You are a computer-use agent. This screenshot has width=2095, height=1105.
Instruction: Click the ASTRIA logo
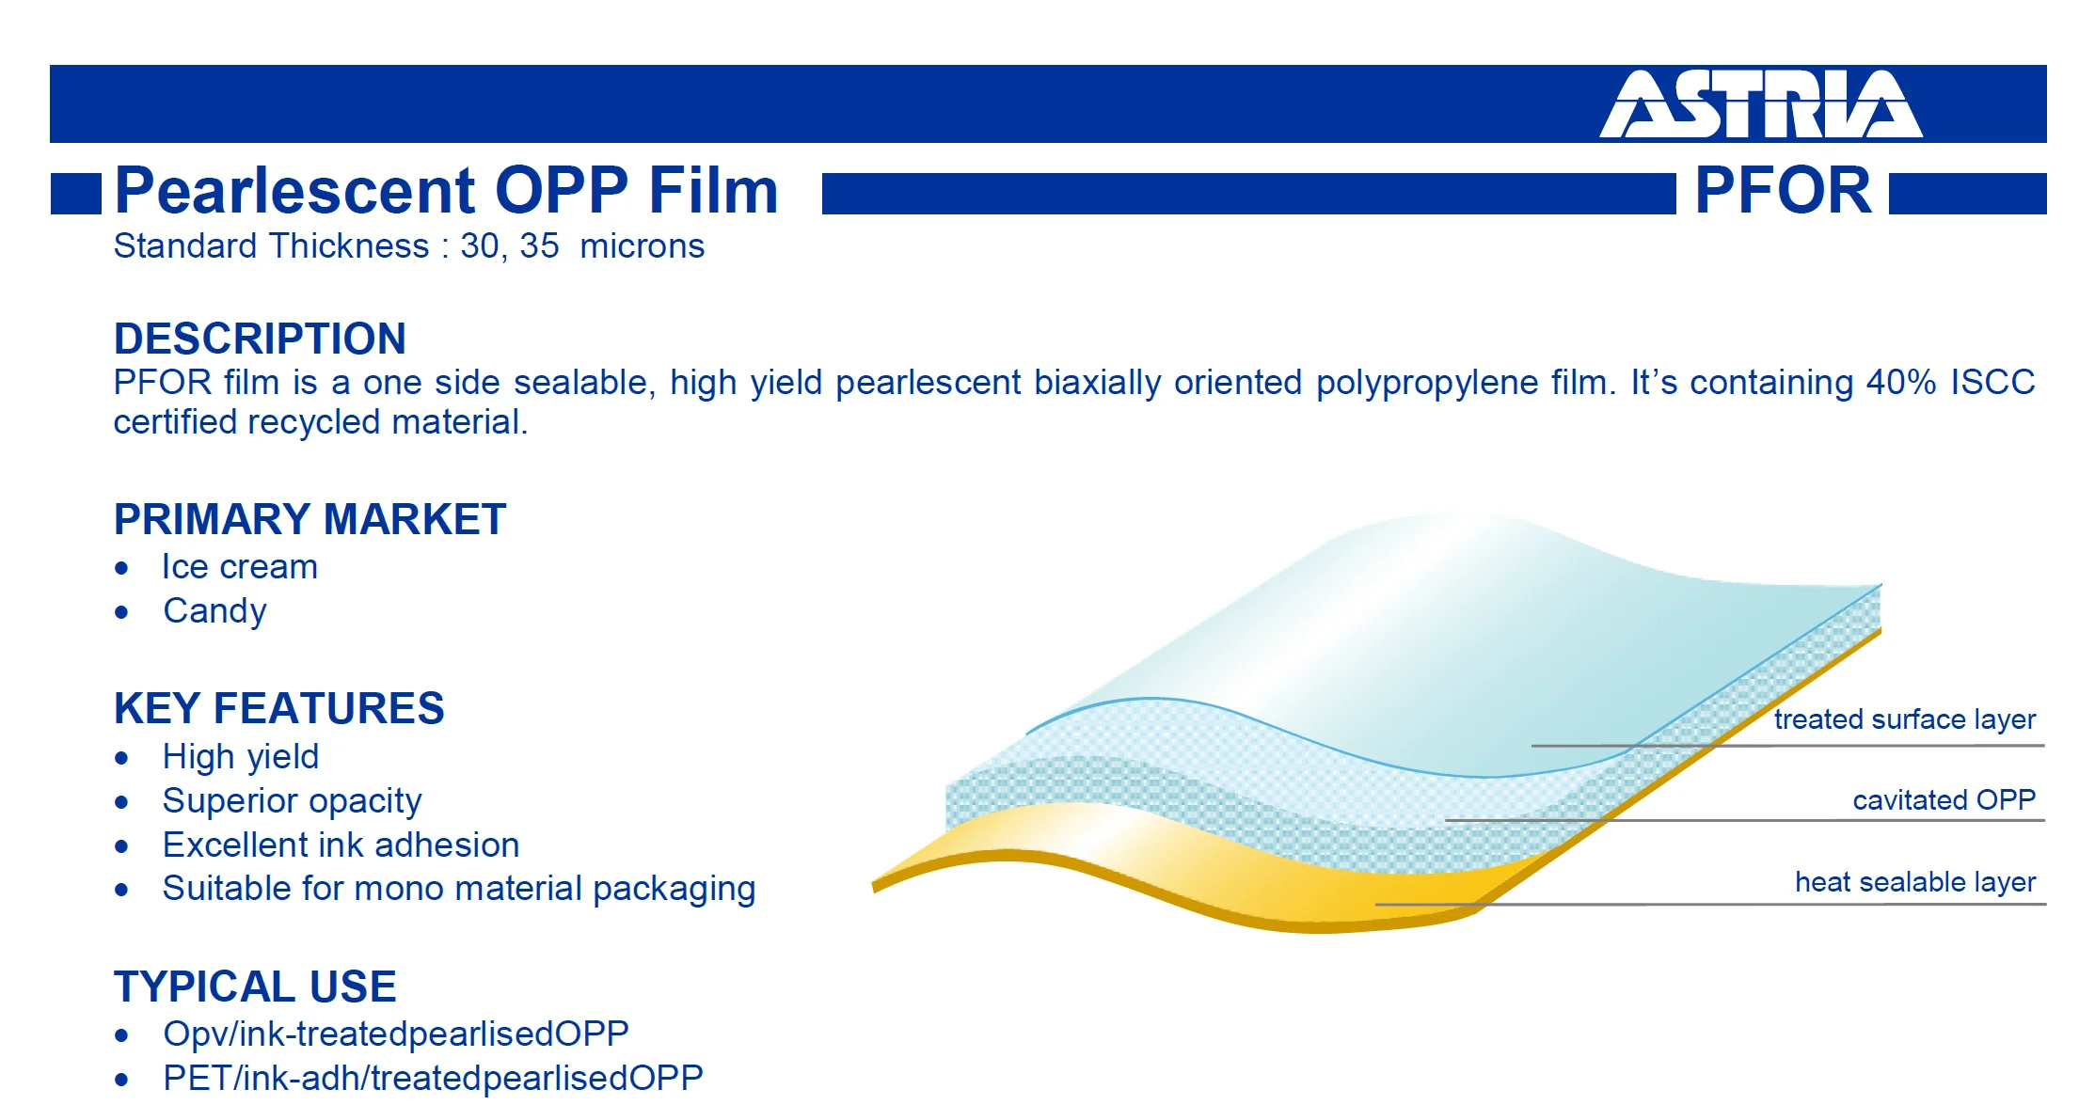(1761, 104)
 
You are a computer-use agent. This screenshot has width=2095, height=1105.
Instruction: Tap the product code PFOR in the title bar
(1783, 191)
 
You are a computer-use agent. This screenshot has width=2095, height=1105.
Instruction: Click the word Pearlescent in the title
(296, 191)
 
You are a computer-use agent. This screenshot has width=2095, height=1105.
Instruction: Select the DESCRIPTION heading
(260, 339)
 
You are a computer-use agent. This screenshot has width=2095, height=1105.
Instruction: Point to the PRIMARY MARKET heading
(309, 519)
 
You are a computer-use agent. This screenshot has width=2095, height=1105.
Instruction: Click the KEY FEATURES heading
(278, 708)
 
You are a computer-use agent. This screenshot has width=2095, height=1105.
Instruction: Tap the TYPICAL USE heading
(255, 987)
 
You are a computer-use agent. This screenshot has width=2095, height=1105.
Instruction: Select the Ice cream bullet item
(240, 567)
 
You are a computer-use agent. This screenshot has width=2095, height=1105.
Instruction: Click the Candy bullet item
(214, 611)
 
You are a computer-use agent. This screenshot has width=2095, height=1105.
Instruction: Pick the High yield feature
(241, 757)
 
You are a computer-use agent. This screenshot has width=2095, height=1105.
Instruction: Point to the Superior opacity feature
(292, 801)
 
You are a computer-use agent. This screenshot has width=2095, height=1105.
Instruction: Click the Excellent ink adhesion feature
(341, 845)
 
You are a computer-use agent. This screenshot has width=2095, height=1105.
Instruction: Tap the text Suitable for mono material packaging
(459, 889)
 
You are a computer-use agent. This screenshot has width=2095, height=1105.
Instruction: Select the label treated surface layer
(1905, 719)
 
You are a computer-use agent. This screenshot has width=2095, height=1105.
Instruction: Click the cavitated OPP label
(1944, 800)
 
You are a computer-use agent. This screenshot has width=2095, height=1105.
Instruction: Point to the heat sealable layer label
(1915, 882)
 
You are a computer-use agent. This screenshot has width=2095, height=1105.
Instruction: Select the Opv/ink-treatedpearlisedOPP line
(395, 1034)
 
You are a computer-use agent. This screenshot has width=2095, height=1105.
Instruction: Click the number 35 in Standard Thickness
(539, 246)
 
